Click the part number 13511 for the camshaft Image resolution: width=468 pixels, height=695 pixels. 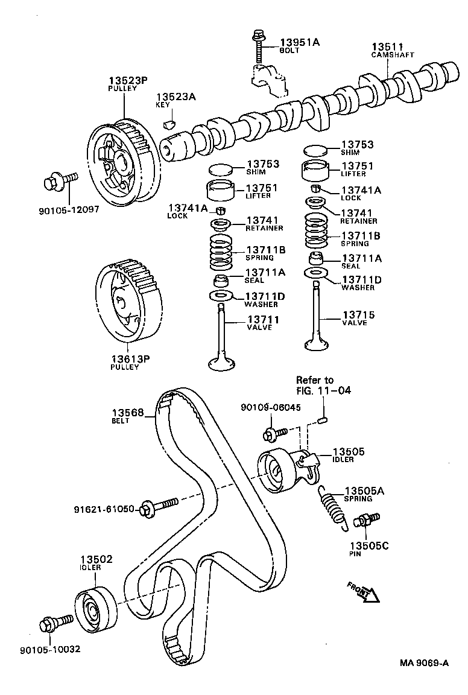387,46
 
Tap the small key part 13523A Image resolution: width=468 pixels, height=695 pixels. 169,125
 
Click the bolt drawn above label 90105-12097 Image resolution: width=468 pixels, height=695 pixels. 61,179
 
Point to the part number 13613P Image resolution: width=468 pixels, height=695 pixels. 130,359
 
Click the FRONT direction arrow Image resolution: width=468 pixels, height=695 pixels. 363,592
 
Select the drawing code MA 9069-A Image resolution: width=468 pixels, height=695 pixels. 423,663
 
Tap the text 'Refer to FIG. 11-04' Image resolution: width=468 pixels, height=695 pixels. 323,385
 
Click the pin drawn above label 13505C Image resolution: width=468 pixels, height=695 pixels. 366,519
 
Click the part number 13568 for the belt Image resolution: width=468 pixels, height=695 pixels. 127,413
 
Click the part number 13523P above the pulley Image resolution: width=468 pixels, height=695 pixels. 128,80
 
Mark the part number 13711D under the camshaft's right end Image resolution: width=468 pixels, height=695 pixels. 362,279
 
